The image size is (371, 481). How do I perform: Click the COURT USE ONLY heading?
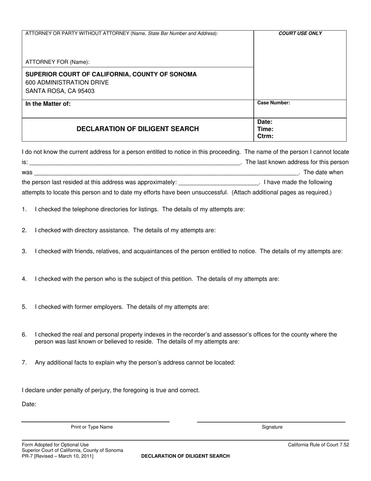coord(300,33)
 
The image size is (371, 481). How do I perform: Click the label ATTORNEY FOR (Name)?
coord(57,62)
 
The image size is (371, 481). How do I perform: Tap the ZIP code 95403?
coord(86,91)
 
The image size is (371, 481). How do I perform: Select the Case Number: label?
coord(273,103)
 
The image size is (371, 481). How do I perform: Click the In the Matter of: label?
coord(48,104)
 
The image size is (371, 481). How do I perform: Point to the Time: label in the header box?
coord(265,129)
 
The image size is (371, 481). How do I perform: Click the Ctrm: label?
coord(265,136)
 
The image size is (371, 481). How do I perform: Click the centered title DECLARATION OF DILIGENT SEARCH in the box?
coord(137,129)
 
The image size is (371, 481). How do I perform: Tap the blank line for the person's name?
coord(135,163)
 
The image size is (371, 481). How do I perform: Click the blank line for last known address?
coord(166,173)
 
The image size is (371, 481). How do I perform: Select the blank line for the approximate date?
coord(219,183)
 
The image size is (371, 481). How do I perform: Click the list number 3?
coord(24,251)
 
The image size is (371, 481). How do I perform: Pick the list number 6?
coord(24,335)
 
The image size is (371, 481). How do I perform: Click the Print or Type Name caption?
coord(92,427)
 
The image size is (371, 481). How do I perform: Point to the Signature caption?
coord(272,427)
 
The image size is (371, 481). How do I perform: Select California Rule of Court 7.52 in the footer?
coord(318,445)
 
